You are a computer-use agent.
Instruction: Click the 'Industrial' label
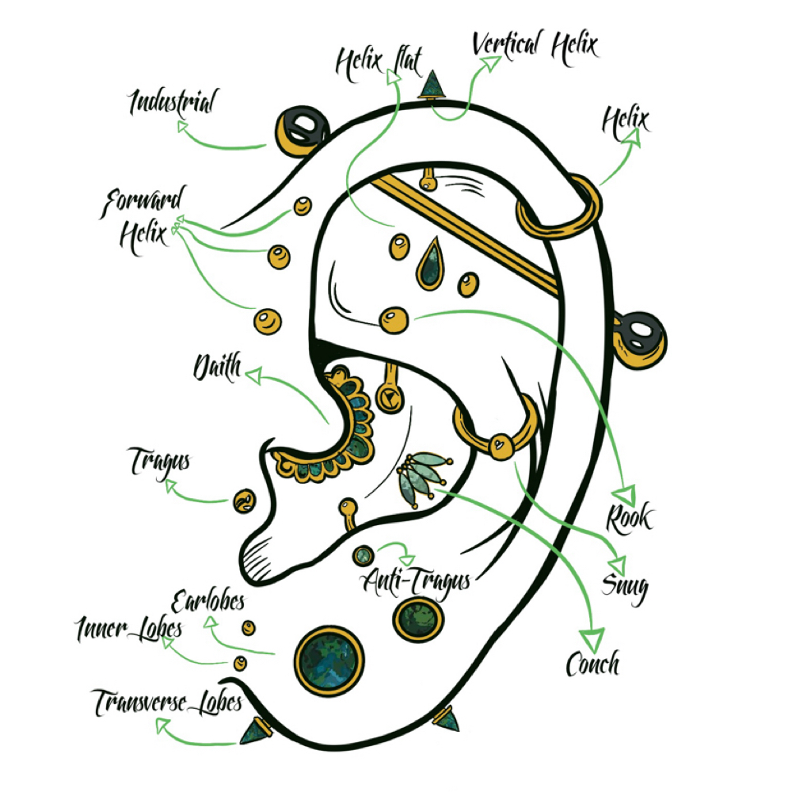tap(173, 102)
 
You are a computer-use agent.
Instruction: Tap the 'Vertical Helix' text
tap(535, 47)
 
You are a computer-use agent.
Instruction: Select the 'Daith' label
tap(218, 366)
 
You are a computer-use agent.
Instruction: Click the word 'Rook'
tap(630, 518)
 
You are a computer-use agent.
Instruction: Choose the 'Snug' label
tap(625, 588)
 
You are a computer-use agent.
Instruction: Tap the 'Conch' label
tap(592, 663)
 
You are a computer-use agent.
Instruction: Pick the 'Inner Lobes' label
tap(129, 628)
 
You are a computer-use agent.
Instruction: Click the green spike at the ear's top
tap(432, 85)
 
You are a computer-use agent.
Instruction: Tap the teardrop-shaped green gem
tap(430, 265)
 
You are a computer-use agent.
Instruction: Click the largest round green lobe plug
tap(329, 661)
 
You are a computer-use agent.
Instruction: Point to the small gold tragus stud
tap(244, 501)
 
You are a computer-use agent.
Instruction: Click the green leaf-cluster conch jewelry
tap(422, 478)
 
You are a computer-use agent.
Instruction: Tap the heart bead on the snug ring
tap(500, 445)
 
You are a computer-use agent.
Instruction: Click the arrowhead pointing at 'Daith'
tap(253, 375)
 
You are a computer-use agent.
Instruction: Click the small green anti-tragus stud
tap(363, 556)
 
